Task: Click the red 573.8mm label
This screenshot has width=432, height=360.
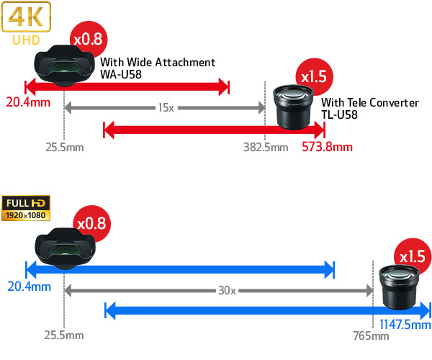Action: coord(327,148)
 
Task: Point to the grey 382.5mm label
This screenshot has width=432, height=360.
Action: coord(266,148)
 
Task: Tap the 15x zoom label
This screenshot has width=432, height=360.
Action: coord(166,107)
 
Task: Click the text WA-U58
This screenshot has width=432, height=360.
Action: coord(120,73)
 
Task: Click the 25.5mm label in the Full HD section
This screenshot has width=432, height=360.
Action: coord(64,336)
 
